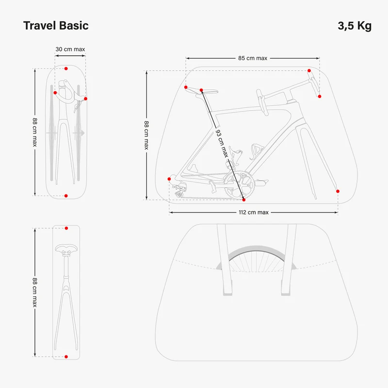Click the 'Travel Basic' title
click(56, 26)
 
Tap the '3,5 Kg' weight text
click(355, 26)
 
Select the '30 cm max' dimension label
click(70, 49)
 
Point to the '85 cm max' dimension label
click(253, 58)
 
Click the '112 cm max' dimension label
click(254, 212)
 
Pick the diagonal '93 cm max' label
click(222, 144)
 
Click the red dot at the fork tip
click(338, 191)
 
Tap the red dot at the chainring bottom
click(244, 200)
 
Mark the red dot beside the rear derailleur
click(169, 179)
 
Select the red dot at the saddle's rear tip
click(186, 87)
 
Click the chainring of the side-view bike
click(240, 185)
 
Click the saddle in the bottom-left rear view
click(66, 249)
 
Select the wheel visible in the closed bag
click(256, 259)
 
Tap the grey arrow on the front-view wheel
click(79, 133)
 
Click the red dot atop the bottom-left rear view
click(66, 228)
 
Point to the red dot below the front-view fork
click(66, 196)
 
